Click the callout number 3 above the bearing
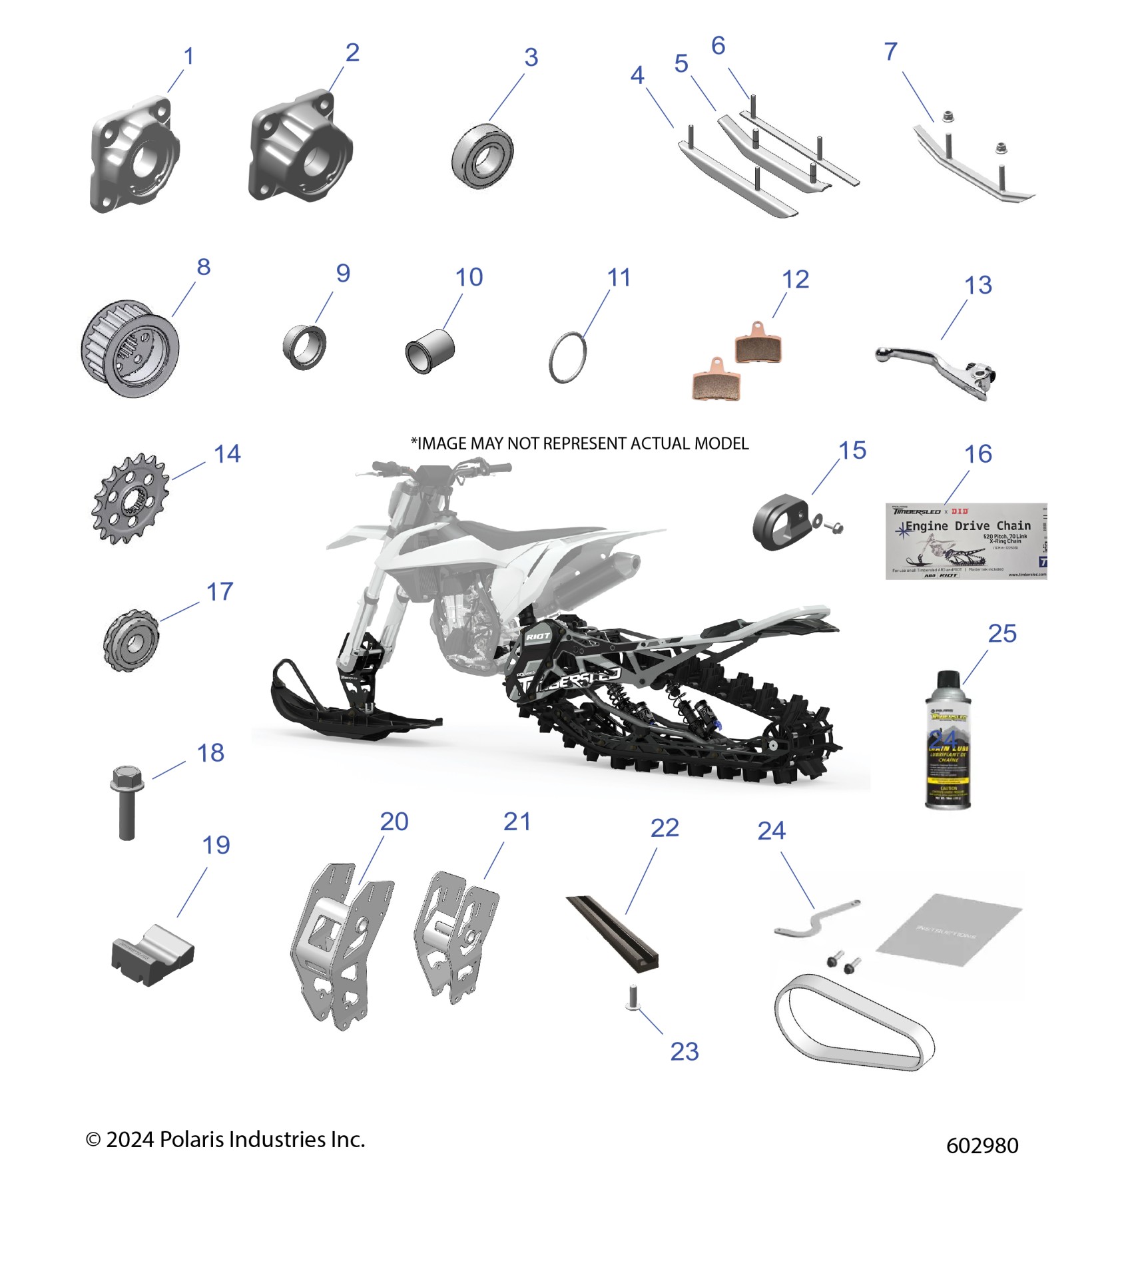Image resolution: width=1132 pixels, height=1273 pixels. coord(531,57)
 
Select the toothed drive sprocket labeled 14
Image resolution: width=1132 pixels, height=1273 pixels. coord(130,498)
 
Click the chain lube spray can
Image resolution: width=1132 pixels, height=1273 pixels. coord(948,741)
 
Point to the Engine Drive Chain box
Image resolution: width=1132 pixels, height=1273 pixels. coord(966,541)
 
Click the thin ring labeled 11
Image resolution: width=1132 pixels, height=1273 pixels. coord(567,358)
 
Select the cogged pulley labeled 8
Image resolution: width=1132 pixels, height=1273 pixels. coord(130,349)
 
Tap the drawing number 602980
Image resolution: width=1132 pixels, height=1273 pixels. coord(982,1146)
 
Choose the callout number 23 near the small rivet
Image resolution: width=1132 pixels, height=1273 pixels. coord(685,1052)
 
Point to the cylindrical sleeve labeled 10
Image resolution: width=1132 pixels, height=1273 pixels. coord(430,350)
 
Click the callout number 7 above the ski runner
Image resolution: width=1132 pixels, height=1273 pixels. coord(891,51)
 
